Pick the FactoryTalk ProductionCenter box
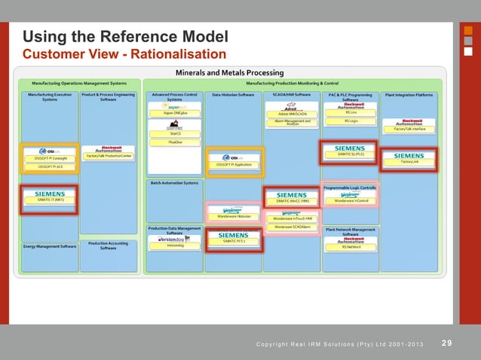click(109, 156)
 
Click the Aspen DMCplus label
click(175, 113)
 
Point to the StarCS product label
click(175, 134)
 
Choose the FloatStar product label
click(175, 142)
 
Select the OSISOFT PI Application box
click(234, 164)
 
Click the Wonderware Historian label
click(234, 216)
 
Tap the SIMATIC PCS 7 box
click(234, 241)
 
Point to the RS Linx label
click(351, 112)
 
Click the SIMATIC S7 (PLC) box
click(351, 154)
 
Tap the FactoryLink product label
click(409, 161)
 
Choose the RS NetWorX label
click(351, 246)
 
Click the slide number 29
click(447, 343)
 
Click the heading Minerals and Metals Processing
click(229, 72)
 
